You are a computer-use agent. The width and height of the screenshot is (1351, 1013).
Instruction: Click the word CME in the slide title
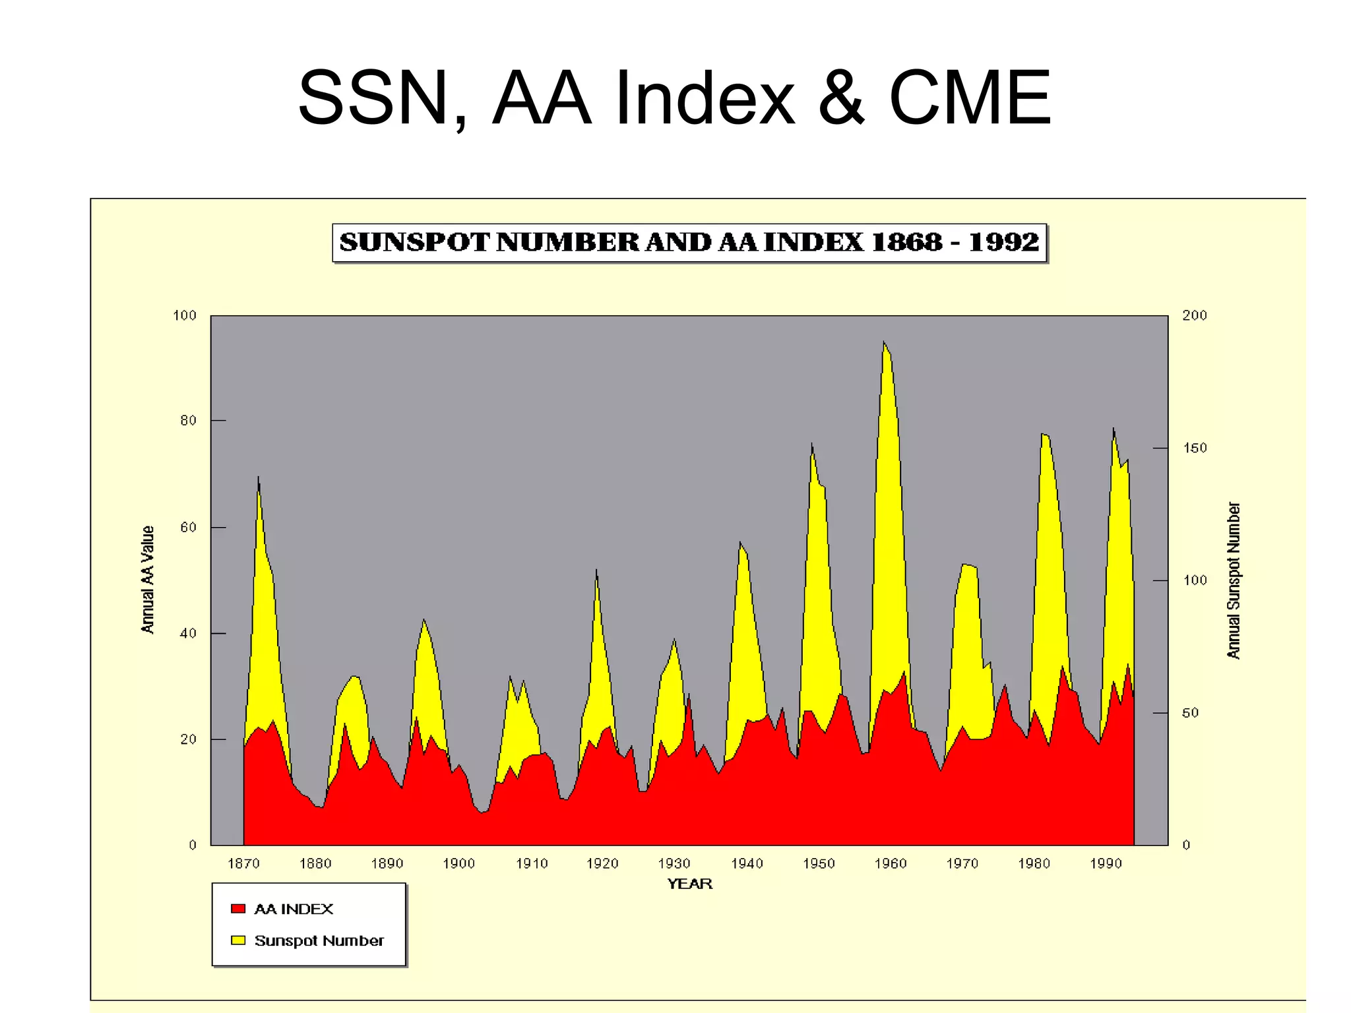(969, 99)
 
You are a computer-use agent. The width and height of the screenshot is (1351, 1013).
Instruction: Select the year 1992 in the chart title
(1003, 243)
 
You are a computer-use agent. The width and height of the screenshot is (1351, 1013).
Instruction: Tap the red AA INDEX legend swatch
(238, 909)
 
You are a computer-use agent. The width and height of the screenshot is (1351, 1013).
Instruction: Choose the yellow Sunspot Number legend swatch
(238, 940)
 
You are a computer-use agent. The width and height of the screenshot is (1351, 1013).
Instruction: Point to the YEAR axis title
(689, 884)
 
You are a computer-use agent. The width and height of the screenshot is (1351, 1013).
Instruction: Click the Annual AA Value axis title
(148, 580)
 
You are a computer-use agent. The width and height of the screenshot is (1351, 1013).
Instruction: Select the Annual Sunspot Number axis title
(1234, 580)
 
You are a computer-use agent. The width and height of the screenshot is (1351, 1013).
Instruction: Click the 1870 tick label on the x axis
(243, 863)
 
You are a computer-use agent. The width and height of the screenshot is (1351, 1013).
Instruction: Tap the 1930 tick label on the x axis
(674, 863)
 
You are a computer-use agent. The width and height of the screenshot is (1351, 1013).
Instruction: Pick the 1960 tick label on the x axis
(891, 863)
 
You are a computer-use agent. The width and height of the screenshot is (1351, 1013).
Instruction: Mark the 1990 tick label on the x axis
(1106, 863)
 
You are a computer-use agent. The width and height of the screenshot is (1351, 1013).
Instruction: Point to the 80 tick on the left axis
(188, 421)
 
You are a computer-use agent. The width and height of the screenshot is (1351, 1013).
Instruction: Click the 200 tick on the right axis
(1194, 315)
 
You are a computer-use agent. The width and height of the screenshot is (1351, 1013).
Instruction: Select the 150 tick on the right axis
(1194, 448)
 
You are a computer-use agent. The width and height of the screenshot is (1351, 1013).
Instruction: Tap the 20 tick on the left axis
(188, 739)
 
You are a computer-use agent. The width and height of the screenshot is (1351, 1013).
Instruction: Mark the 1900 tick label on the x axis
(458, 863)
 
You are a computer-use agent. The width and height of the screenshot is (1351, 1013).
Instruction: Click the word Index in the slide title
(704, 99)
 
